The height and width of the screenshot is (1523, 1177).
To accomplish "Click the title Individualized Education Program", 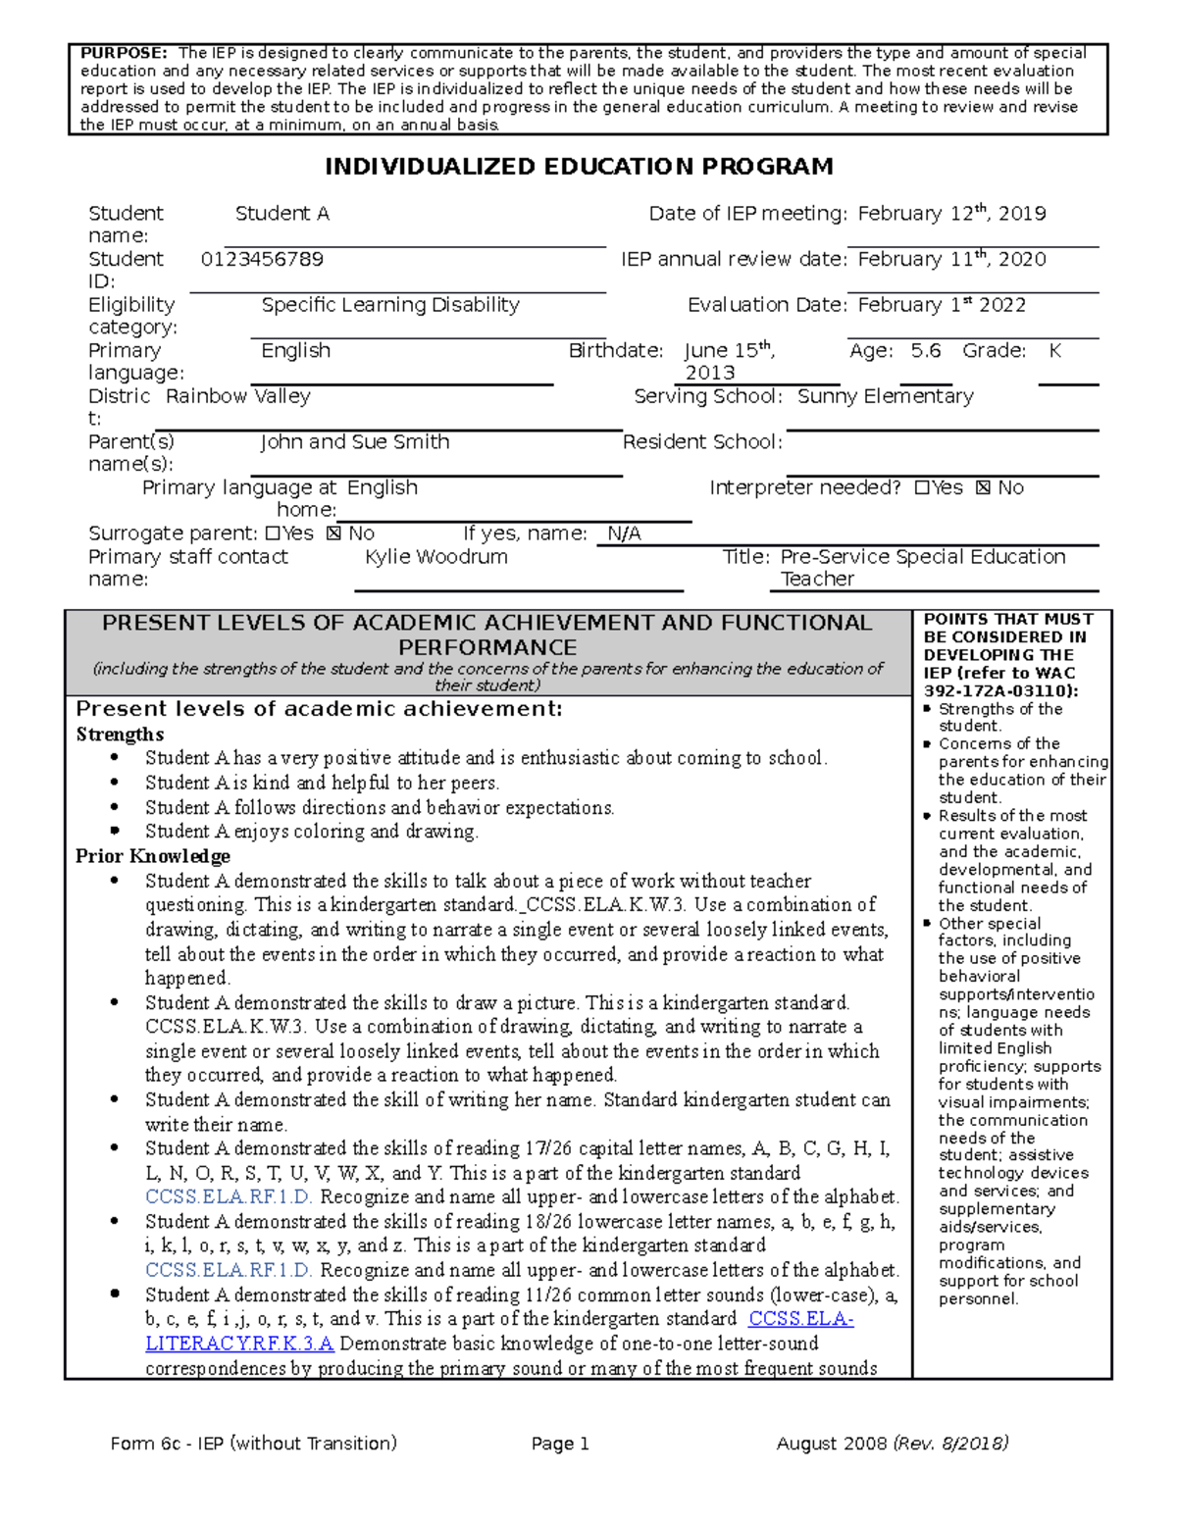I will point(579,167).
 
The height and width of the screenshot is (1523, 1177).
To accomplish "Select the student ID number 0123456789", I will point(262,260).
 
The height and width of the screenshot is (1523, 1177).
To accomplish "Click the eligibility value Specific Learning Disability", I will point(390,305).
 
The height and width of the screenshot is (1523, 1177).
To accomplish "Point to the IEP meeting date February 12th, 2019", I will point(951,214).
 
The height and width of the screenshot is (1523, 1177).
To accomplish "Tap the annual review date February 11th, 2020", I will point(951,260).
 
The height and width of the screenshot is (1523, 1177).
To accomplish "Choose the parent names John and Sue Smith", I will point(355,442).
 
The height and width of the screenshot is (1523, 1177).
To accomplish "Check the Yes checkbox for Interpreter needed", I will point(921,488).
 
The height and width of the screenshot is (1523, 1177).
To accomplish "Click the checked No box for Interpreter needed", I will point(984,488).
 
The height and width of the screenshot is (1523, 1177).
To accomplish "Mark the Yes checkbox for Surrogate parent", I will point(273,533).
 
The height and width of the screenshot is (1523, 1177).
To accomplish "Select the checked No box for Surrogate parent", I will point(334,533).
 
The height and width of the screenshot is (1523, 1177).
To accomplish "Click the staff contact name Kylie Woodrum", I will point(436,557).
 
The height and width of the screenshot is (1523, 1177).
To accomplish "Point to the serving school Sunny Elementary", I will point(885,396).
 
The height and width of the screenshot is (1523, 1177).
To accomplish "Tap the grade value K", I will point(1055,351).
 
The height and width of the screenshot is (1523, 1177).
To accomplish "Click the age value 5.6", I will point(925,351).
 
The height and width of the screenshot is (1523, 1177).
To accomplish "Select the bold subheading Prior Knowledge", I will point(153,856).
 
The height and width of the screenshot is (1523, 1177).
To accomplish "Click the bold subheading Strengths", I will point(120,735).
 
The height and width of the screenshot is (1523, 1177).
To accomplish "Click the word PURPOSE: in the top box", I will point(124,53).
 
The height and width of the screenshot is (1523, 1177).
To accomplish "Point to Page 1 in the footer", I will point(560,1444).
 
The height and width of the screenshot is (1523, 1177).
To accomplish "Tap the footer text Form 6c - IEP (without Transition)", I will point(253,1444).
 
